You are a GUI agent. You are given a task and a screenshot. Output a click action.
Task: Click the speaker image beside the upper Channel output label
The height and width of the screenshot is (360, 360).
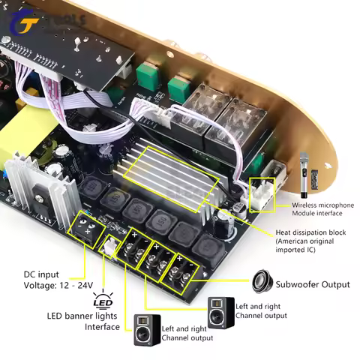[218, 310]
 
